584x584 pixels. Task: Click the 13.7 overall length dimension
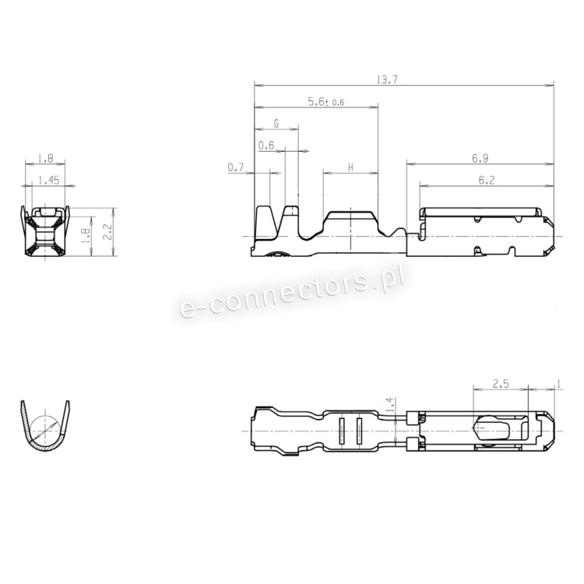coord(387,79)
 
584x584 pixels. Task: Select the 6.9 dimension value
coord(480,158)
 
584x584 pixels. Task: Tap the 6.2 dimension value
coord(487,181)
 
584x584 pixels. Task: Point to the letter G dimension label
coord(276,123)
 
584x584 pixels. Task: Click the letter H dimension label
coord(350,167)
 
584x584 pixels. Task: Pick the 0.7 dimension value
coord(235,167)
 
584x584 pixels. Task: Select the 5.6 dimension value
coord(316,102)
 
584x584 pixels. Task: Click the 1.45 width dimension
coord(49,181)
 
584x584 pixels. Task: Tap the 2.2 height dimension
coord(108,232)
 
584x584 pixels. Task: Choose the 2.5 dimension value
coord(501,384)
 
